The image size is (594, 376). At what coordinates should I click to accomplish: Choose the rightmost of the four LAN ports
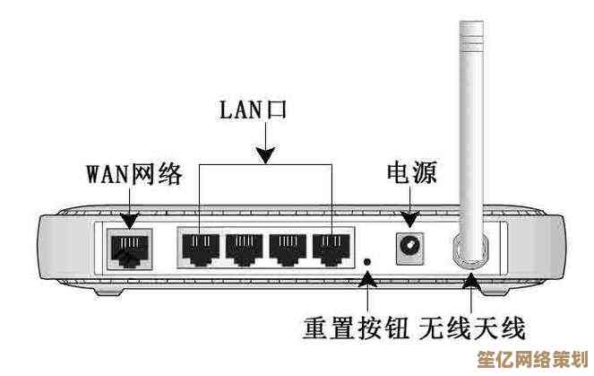pos(331,249)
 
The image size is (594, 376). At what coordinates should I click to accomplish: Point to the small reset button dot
pos(368,261)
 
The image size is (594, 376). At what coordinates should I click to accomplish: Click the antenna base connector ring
pos(469,249)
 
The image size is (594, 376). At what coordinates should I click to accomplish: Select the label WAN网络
pos(134,173)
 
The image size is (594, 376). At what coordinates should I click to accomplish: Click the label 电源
pos(411,172)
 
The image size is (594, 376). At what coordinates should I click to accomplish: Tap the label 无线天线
pos(471,327)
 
